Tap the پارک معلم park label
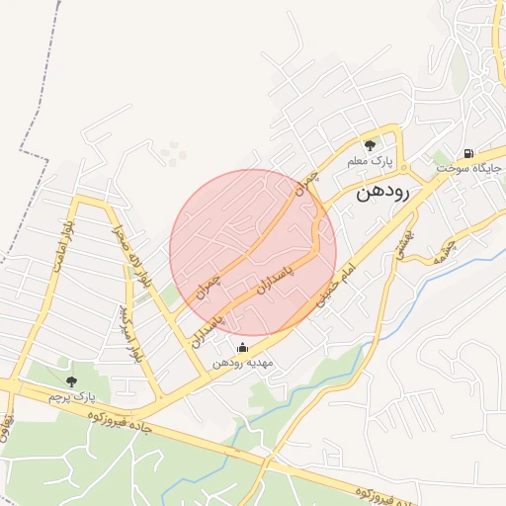coord(370,160)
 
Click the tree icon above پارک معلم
coord(370,145)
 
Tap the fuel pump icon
coord(466,153)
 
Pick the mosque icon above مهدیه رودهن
coord(243,347)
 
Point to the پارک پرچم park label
coord(70,396)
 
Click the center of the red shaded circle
coord(253,253)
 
